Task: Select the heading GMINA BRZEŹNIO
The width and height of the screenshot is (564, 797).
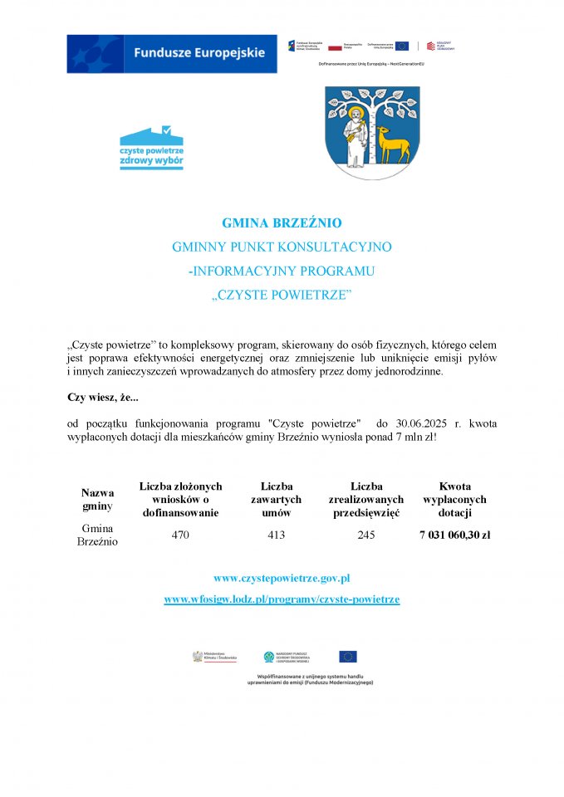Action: coord(282,223)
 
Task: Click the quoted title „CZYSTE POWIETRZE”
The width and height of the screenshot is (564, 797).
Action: coord(282,295)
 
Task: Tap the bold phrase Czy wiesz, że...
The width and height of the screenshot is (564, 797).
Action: coord(102,397)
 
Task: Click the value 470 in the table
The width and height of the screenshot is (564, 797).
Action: coord(180,535)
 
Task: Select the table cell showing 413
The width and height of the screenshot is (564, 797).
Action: coord(276,535)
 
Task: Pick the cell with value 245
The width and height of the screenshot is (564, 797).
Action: coord(366,535)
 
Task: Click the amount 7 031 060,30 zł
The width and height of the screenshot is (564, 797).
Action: coord(454,535)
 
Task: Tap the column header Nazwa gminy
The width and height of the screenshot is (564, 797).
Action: coord(97,499)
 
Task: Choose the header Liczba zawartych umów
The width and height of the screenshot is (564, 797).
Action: coord(276,499)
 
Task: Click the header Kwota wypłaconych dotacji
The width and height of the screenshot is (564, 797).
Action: coord(454,499)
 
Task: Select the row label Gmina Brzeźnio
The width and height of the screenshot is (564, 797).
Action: coord(97,535)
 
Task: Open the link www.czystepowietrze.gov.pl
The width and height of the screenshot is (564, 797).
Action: coord(282,578)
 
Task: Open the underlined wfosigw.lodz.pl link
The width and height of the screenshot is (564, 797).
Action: coord(282,599)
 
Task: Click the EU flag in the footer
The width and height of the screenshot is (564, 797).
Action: coord(347,657)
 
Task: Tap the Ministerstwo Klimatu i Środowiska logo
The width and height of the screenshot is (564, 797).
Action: coord(215,657)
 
